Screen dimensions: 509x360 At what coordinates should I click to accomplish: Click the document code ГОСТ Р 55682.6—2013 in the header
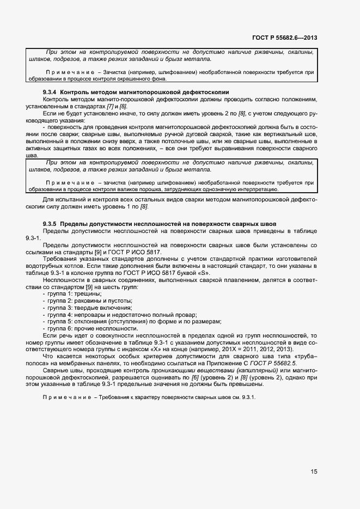coord(285,38)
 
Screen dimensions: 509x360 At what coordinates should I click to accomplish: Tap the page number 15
coord(314,471)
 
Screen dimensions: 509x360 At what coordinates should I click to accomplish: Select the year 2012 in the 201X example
coord(265,349)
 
